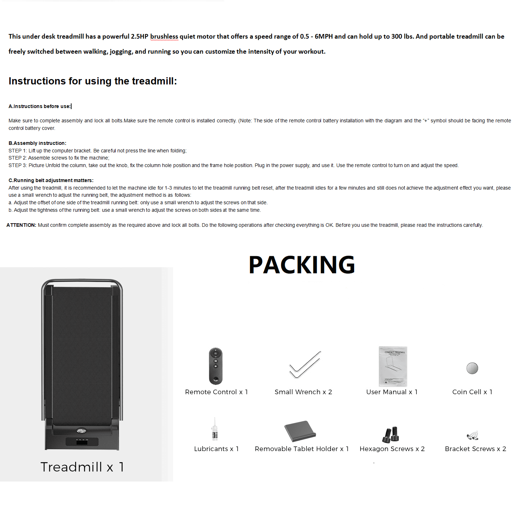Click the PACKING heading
[x=302, y=265]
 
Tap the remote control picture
[x=216, y=366]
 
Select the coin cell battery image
[x=472, y=368]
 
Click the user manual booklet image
[x=393, y=366]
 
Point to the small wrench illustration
[x=305, y=365]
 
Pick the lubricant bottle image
[x=215, y=429]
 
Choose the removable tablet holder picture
[x=300, y=431]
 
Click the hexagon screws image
[x=391, y=434]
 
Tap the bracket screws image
[x=473, y=435]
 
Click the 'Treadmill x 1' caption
[x=82, y=467]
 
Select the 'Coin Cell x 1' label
[x=472, y=392]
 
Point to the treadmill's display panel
[x=82, y=442]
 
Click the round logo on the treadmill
[x=82, y=431]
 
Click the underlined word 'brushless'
[x=164, y=36]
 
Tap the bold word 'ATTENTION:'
[x=21, y=225]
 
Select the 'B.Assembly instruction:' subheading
[x=37, y=143]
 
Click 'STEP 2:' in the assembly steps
[x=18, y=158]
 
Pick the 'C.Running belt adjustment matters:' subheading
[x=51, y=180]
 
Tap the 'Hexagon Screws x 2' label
[x=392, y=449]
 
